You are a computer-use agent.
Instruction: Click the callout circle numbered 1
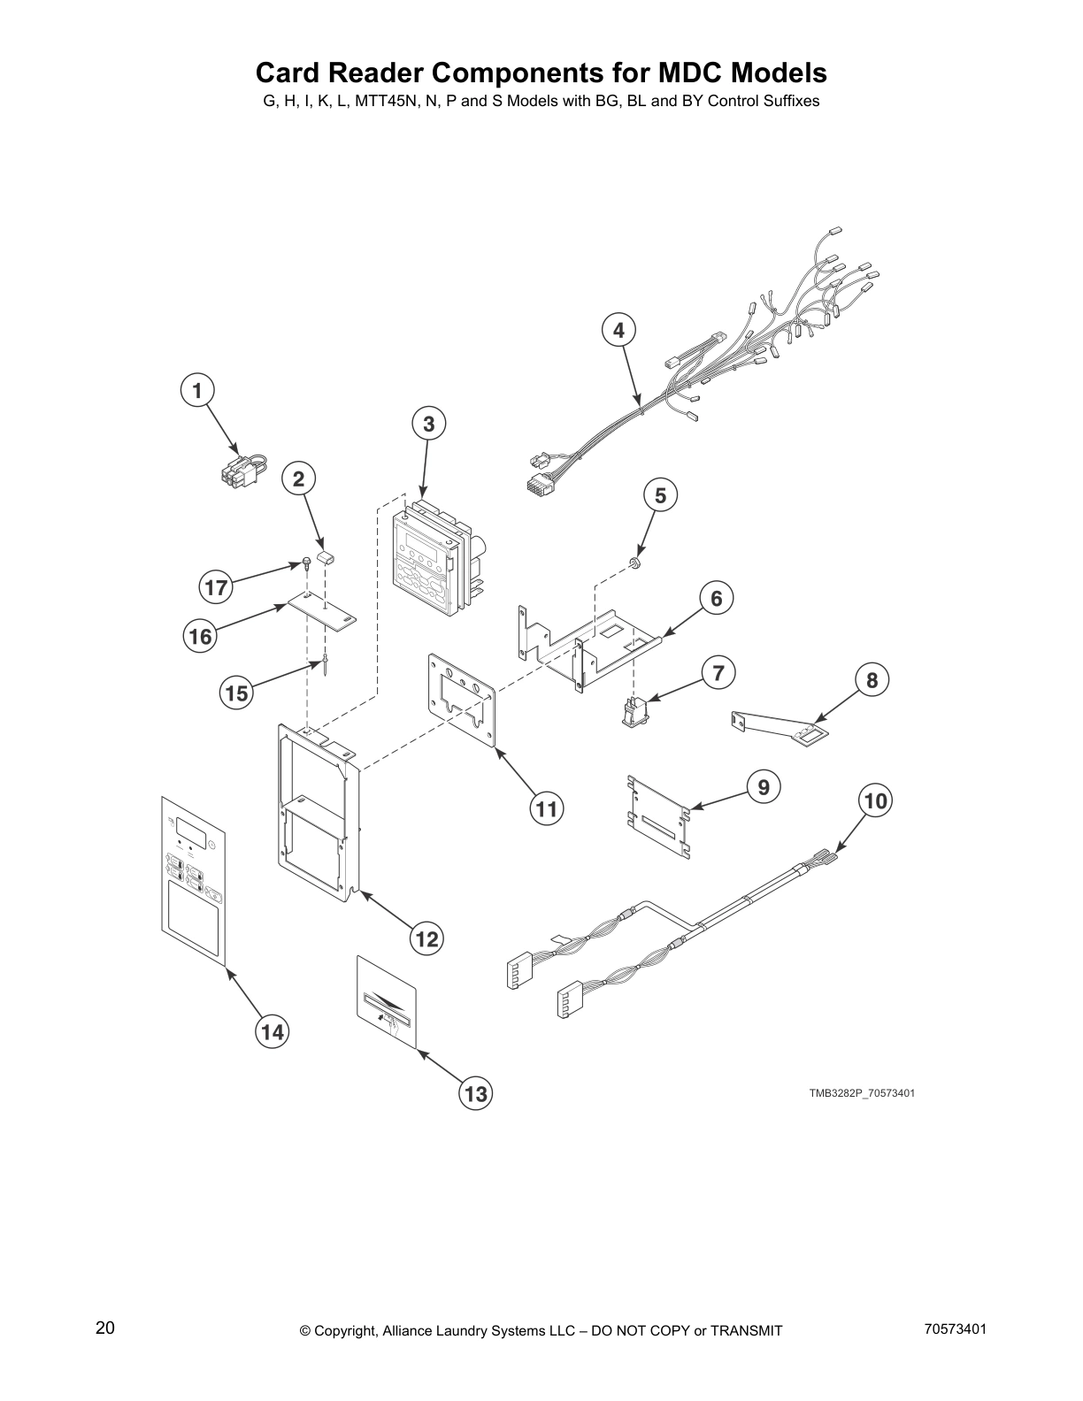tap(197, 390)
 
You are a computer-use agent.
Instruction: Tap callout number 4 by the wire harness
tap(618, 330)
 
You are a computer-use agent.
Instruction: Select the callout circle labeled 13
tap(476, 1094)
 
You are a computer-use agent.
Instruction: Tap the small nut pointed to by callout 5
tap(634, 563)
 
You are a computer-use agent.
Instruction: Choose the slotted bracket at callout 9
tap(657, 810)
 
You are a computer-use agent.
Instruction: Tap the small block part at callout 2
tap(324, 558)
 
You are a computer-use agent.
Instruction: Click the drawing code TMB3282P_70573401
tap(861, 1093)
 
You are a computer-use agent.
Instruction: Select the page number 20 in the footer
tap(105, 1328)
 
